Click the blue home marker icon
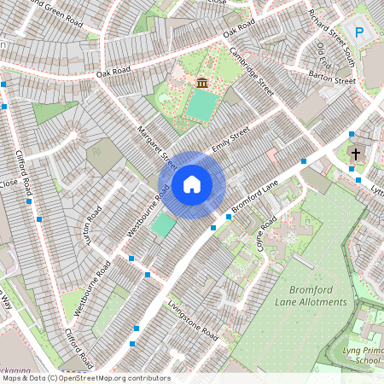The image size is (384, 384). tap(192, 183)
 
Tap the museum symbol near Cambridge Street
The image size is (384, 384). tap(202, 82)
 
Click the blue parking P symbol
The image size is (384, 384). tap(359, 32)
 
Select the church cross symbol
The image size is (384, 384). tap(356, 154)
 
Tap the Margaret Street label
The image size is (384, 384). tap(156, 146)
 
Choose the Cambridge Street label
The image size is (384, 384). tap(251, 71)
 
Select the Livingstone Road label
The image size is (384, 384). tap(193, 320)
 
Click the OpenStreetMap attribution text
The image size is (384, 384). tap(85, 378)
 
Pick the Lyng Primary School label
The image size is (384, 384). tap(367, 354)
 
